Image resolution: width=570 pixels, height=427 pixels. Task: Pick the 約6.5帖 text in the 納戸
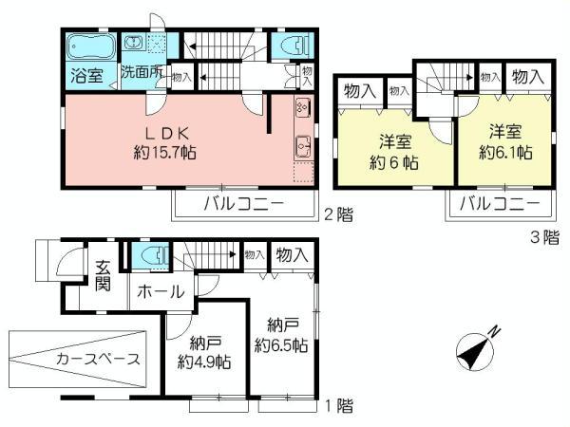click(280, 345)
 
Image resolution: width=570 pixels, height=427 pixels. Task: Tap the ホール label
click(161, 292)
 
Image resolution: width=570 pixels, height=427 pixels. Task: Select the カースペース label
click(98, 359)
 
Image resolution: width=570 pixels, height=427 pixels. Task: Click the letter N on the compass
click(494, 330)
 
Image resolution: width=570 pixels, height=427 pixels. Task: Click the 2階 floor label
click(338, 215)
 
